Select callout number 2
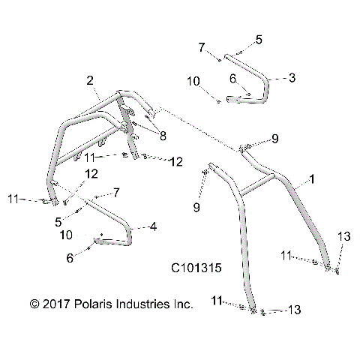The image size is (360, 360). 89,80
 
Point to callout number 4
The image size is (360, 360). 154,226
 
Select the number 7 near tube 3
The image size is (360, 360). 202,48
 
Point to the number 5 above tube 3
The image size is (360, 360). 259,39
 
